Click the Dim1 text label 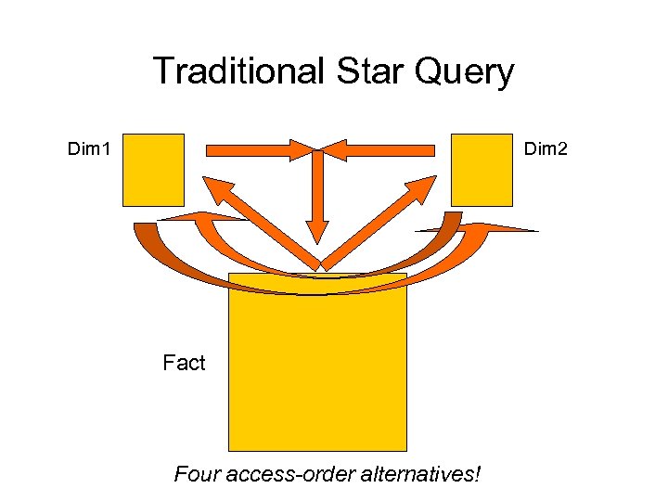90,148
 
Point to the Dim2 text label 547,148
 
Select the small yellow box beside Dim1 153,169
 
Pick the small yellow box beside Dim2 482,169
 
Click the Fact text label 184,363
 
